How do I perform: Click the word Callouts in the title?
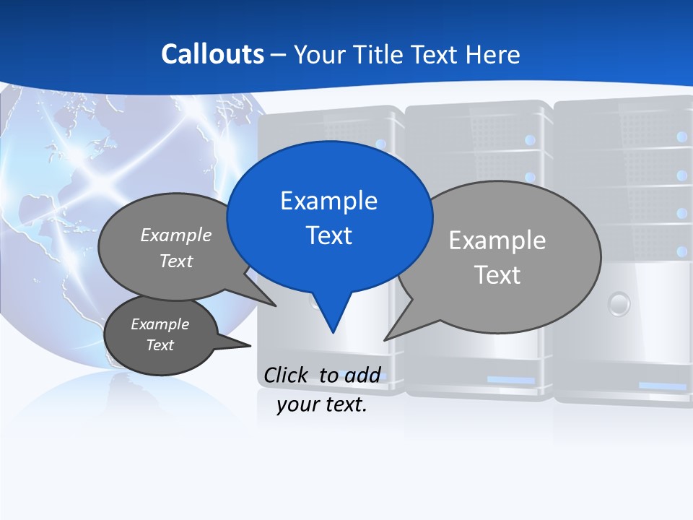coord(212,54)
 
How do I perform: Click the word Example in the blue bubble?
coord(328,200)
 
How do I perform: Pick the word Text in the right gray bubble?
coord(497,275)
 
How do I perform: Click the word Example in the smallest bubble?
coord(160,324)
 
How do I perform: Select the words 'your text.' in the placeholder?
coord(322,404)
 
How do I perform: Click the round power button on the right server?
coord(619,303)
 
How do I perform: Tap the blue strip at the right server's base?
coord(662,386)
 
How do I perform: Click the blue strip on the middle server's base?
coord(510,380)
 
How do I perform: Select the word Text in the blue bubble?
coord(328,235)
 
